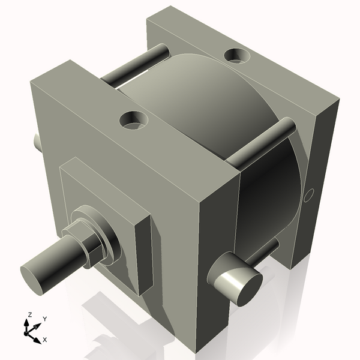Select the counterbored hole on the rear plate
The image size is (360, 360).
tap(237, 56)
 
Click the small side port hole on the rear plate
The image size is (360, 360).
tap(310, 195)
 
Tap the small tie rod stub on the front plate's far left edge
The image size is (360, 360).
tap(37, 142)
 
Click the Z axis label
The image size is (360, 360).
tap(29, 314)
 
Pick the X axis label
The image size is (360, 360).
tap(44, 340)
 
